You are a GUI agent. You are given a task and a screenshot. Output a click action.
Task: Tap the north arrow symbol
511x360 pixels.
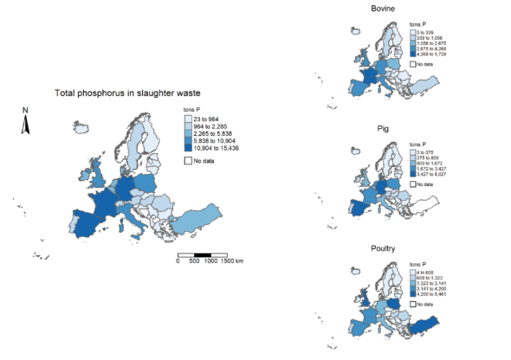coord(26,125)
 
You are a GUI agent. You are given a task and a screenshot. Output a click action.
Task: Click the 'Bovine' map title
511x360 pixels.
coord(382,9)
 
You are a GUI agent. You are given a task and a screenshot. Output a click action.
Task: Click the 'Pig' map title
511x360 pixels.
coord(382,129)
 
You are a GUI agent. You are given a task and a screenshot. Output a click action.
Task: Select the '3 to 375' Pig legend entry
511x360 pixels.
coord(428,151)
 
